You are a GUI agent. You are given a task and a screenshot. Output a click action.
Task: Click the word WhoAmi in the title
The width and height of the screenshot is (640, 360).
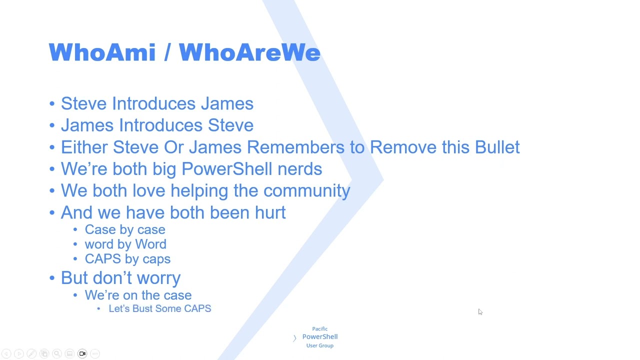tap(102, 52)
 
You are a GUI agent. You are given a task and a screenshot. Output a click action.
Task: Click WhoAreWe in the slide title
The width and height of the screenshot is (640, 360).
tap(249, 52)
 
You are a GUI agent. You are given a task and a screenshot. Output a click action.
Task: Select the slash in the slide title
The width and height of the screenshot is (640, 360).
tap(167, 52)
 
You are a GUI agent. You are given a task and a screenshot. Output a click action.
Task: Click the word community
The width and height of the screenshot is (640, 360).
tap(306, 191)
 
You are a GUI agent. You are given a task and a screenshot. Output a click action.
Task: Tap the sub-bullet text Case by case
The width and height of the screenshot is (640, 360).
tap(125, 229)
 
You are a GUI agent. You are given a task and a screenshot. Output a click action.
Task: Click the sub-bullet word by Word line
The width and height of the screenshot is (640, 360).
tap(125, 244)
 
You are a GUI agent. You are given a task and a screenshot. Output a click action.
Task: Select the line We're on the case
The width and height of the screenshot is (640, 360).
tap(138, 295)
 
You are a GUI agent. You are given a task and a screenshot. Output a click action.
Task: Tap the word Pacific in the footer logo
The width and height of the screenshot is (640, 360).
tap(320, 328)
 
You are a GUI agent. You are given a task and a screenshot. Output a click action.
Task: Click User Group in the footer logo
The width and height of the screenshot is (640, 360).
tap(320, 345)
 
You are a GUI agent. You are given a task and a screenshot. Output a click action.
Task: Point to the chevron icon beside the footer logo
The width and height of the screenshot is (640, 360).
tap(294, 338)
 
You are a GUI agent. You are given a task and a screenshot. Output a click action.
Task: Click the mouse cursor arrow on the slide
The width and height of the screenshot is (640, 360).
tap(480, 312)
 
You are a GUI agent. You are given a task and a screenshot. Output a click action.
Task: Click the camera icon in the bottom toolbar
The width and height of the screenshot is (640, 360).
tap(82, 354)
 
